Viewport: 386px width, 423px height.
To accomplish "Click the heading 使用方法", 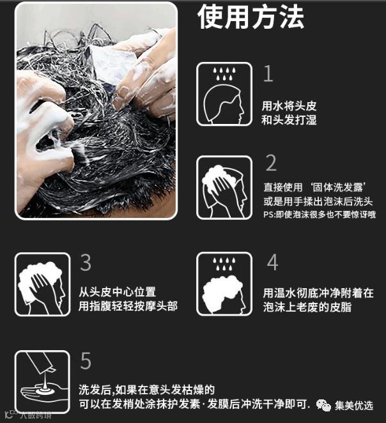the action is (x=251, y=17).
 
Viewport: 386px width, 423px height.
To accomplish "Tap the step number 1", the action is (x=268, y=73).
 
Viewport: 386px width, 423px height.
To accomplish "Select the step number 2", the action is (x=271, y=163).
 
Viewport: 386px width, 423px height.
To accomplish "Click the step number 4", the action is (x=272, y=262).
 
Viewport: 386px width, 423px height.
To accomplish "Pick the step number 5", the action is (x=86, y=360).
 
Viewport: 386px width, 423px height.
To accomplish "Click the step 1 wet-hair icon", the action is (x=224, y=94).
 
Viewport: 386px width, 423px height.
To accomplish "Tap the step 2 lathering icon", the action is (x=224, y=187).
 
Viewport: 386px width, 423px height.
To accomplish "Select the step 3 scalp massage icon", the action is (x=42, y=284).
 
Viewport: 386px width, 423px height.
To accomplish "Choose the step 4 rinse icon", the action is (x=224, y=284).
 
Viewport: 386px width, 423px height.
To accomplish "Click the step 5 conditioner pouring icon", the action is (x=42, y=382).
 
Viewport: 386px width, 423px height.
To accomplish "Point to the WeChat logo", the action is (x=323, y=405).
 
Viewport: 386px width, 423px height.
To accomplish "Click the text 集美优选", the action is (x=354, y=406).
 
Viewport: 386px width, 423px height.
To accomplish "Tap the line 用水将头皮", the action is (x=289, y=106).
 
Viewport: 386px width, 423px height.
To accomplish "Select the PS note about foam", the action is (x=320, y=215).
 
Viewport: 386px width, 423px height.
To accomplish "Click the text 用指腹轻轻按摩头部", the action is (x=128, y=306).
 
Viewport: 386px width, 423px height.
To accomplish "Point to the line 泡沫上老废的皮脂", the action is (x=307, y=307).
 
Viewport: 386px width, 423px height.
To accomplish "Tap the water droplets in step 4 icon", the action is (x=224, y=263).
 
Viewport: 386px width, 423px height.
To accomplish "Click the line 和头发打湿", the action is (x=289, y=119).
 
